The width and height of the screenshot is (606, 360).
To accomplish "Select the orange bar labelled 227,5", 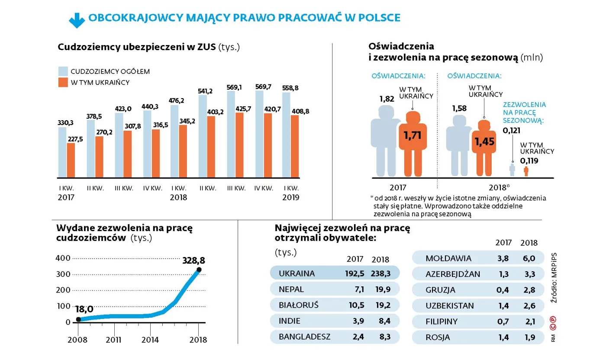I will click(x=71, y=160).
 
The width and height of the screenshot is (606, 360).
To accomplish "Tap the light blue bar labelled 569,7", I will click(x=259, y=134).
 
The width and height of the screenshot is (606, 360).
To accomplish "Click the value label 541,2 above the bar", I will click(x=204, y=91).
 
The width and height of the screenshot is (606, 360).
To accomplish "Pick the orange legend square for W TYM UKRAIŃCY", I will click(x=63, y=83).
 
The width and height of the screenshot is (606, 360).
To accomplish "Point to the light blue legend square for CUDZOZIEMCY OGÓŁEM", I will click(x=63, y=71).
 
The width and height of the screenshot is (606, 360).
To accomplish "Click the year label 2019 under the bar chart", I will click(x=290, y=197).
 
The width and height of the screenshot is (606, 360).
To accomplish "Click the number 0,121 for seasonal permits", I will click(x=512, y=130).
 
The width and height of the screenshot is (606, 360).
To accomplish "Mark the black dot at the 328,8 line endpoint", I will click(x=199, y=270).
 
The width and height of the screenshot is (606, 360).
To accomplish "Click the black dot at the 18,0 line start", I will click(x=78, y=319).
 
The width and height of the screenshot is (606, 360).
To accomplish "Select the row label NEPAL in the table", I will click(x=291, y=289).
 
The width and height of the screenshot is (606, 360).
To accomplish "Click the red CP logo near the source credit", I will click(x=553, y=320).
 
